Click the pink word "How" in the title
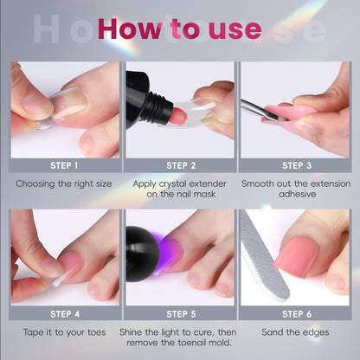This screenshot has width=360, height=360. coord(130,29)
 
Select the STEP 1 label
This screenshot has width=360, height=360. coord(64,165)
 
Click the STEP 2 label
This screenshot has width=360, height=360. coord(181,165)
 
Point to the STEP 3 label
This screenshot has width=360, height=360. coord(297,165)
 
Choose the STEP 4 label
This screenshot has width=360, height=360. coord(65,314)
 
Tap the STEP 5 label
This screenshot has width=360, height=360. coord(181,314)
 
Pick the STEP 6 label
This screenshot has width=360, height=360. coord(297,314)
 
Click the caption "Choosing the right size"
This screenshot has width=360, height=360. coord(64,184)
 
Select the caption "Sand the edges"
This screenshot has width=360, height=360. coord(295,332)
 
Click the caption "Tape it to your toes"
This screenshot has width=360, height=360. coord(64,332)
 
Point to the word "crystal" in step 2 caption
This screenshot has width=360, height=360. coord(172,184)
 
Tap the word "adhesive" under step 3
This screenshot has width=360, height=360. coord(297,194)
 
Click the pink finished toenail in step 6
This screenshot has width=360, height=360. coord(296,256)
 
